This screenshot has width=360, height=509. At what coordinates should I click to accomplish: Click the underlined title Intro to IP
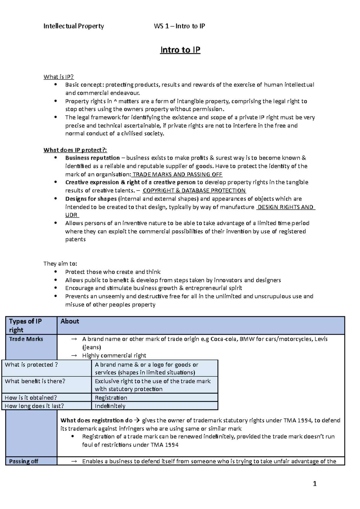(180, 50)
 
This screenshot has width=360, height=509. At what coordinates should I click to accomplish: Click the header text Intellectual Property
(73, 26)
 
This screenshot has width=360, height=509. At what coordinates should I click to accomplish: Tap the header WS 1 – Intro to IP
(179, 26)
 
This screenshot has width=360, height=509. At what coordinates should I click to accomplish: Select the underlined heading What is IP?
(58, 77)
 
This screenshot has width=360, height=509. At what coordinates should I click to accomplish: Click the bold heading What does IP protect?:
(75, 150)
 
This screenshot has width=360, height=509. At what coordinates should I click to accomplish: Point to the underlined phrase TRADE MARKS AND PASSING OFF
(177, 174)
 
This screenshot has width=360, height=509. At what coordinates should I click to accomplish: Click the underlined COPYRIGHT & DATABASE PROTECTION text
(194, 191)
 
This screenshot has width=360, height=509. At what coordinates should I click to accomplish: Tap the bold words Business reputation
(92, 158)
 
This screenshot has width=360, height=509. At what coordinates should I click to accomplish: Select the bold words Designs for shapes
(91, 199)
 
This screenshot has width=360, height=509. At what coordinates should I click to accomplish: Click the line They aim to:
(60, 264)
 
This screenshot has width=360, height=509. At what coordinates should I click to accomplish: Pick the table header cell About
(70, 321)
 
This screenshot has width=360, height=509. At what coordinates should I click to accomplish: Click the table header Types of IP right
(25, 325)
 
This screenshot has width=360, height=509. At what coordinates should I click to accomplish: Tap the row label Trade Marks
(26, 339)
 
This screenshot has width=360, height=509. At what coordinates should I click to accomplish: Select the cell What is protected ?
(31, 365)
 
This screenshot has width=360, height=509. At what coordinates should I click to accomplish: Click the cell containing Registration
(111, 398)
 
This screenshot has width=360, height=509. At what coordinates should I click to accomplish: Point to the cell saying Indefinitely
(110, 406)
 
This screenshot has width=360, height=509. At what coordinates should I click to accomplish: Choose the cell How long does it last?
(34, 406)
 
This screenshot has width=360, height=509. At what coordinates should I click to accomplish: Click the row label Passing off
(24, 461)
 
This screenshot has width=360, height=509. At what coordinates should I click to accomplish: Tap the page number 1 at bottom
(314, 484)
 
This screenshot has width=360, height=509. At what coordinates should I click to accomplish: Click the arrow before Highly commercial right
(74, 356)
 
